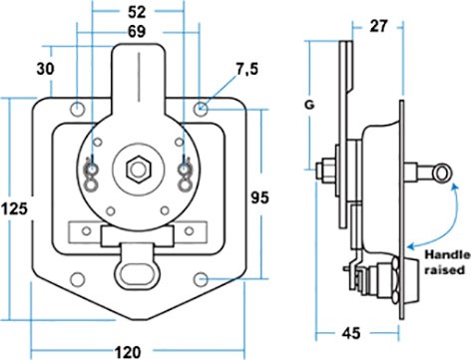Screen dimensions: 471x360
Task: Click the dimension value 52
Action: tap(137, 12)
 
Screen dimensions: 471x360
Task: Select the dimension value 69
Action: tap(137, 32)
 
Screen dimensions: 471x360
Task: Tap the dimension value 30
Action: tap(45, 69)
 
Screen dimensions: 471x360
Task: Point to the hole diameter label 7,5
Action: tap(246, 70)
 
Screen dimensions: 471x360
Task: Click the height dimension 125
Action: tap(14, 209)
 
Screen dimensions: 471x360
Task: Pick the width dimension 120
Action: tap(128, 352)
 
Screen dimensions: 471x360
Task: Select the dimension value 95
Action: tap(259, 197)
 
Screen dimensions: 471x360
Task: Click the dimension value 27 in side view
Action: tap(378, 26)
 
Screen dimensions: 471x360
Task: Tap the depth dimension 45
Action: tap(350, 333)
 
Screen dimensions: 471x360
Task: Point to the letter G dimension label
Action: tap(309, 106)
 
